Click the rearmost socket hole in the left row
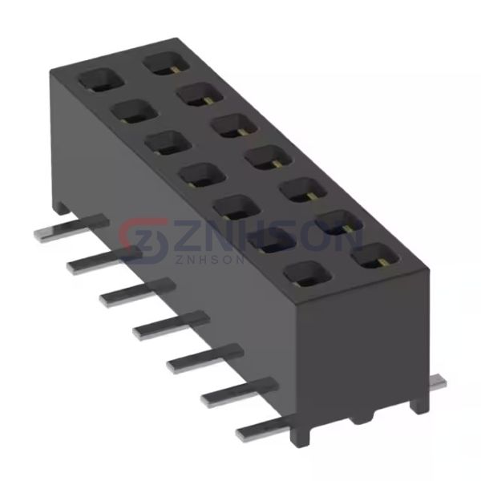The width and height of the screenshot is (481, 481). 95,79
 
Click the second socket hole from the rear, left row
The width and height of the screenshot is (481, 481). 128,111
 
